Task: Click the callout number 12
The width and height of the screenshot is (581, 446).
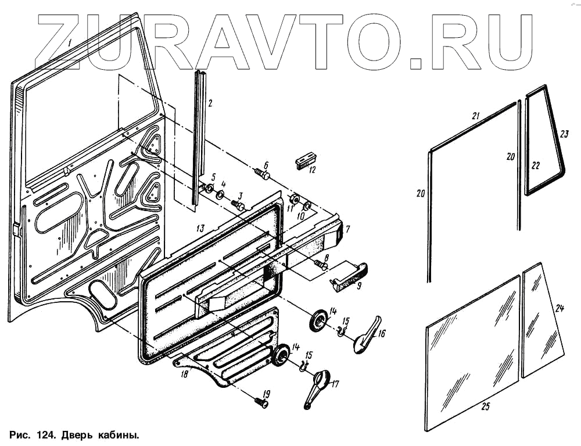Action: [x=313, y=170]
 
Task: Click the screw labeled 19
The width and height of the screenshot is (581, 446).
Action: [x=261, y=402]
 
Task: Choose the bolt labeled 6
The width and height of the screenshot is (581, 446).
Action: [x=263, y=174]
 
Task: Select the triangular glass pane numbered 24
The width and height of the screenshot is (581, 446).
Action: [x=542, y=323]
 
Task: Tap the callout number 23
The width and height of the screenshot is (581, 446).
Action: [x=564, y=133]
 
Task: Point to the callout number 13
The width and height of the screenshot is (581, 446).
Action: [x=199, y=227]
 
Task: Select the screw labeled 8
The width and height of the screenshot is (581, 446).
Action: [x=320, y=265]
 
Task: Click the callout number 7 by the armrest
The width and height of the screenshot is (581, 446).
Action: [x=347, y=229]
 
